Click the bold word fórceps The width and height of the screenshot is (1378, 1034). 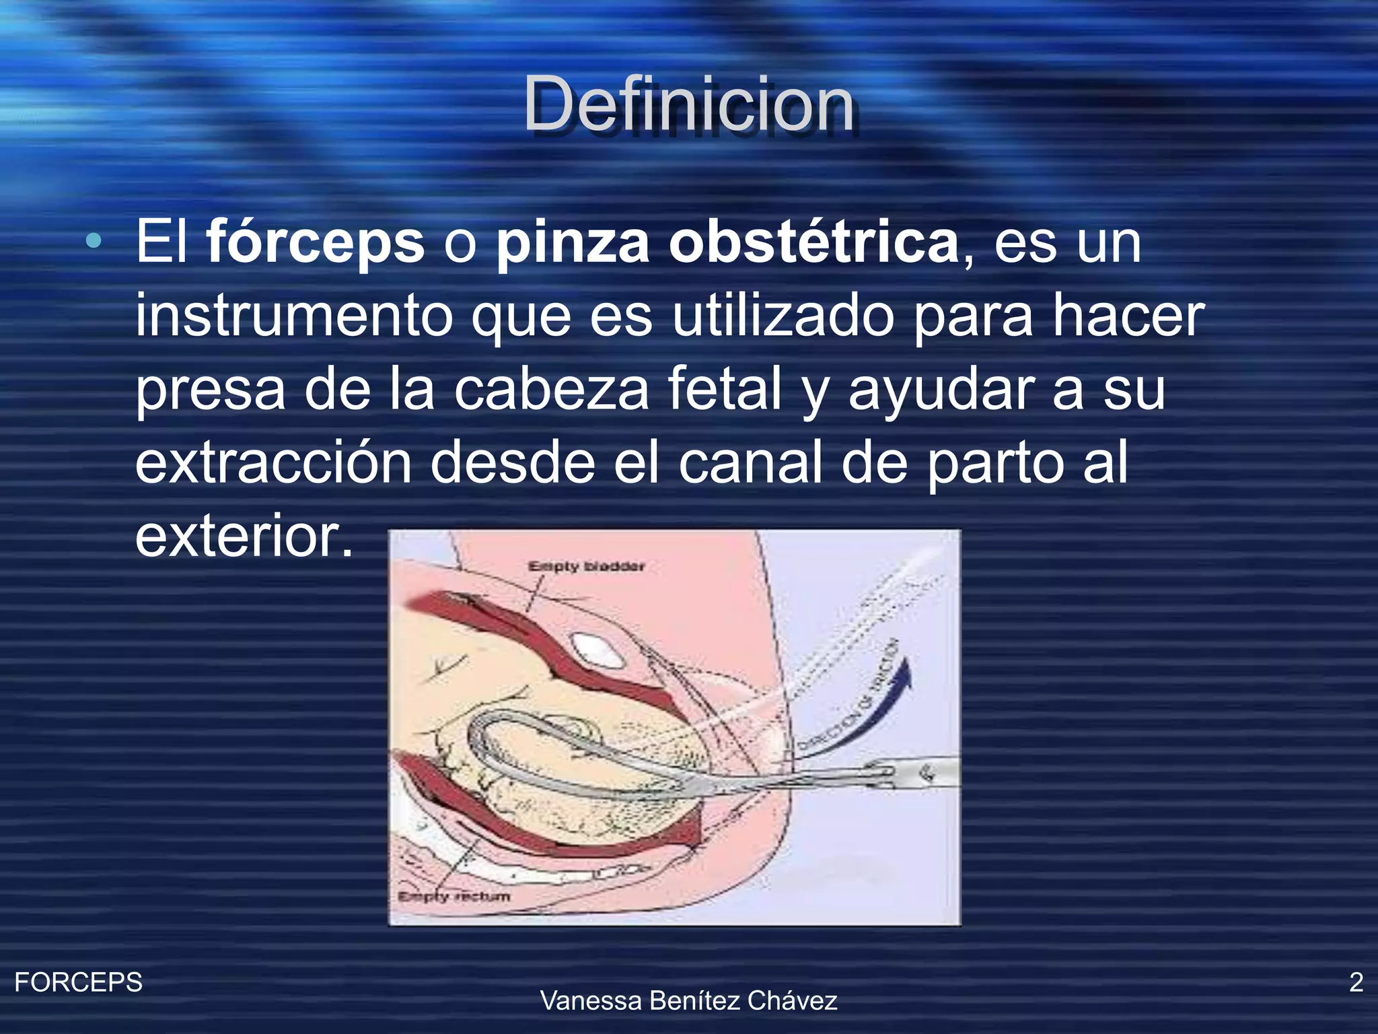315,242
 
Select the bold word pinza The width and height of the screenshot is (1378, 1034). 573,242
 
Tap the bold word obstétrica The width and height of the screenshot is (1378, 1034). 813,242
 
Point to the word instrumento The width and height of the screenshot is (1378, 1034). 294,316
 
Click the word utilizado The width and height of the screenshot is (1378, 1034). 783,316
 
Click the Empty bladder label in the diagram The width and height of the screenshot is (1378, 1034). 586,567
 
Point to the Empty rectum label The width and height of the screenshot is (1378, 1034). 454,897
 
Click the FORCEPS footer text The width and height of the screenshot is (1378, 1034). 78,982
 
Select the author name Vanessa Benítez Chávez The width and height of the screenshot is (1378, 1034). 688,1001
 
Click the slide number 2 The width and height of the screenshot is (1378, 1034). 1356,982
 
